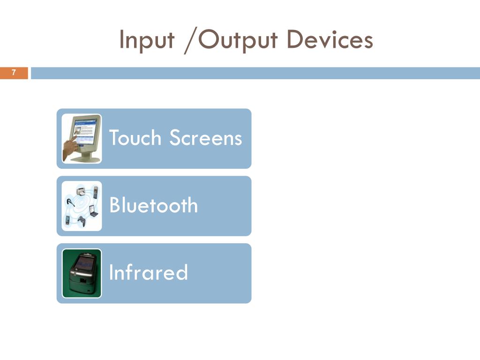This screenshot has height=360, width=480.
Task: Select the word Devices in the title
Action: click(330, 40)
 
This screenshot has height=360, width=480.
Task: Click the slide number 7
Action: click(14, 73)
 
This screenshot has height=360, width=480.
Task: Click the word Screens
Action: click(206, 138)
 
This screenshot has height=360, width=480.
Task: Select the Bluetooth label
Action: click(153, 205)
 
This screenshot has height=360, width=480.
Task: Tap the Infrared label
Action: click(148, 272)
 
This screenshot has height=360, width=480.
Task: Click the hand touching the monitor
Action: click(70, 148)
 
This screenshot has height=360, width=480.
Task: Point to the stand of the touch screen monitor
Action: click(87, 157)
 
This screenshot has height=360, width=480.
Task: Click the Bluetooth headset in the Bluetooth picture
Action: click(69, 203)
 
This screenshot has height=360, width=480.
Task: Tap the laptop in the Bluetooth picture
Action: click(94, 212)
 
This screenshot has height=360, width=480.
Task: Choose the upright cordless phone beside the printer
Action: click(95, 192)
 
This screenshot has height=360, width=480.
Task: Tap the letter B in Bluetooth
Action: click(114, 205)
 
